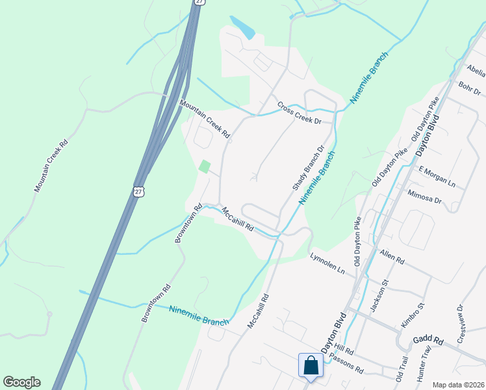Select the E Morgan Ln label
[437, 176]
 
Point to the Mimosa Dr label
[424, 197]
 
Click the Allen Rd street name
[392, 257]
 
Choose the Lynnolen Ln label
[327, 263]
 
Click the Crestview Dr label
[461, 324]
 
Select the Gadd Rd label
[428, 341]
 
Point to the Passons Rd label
[346, 363]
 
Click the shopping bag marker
[311, 365]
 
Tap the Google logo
[21, 382]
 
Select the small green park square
[205, 166]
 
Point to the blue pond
[242, 28]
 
